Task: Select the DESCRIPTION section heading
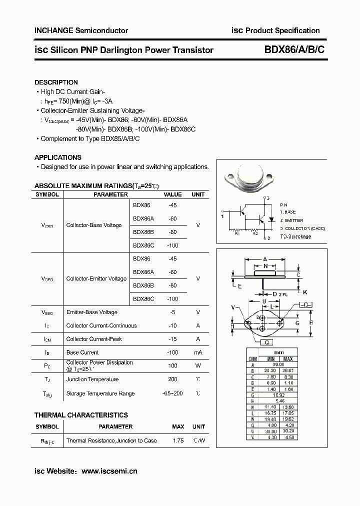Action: coord(56,82)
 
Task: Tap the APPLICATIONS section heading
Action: coord(57,157)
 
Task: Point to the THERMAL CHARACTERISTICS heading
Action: coord(81,415)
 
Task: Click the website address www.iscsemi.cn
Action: coord(109,471)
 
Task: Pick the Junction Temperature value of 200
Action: coord(173,379)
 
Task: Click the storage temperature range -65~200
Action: coord(173,393)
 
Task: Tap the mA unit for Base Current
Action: coord(198,352)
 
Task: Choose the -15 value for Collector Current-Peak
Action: coord(173,339)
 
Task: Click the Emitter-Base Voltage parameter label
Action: coord(91,312)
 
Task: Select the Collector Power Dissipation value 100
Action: coord(173,365)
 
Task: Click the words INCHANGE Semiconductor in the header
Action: coord(81,30)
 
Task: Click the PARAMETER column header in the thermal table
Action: coord(115,426)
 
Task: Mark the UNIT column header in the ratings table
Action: coord(198,194)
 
